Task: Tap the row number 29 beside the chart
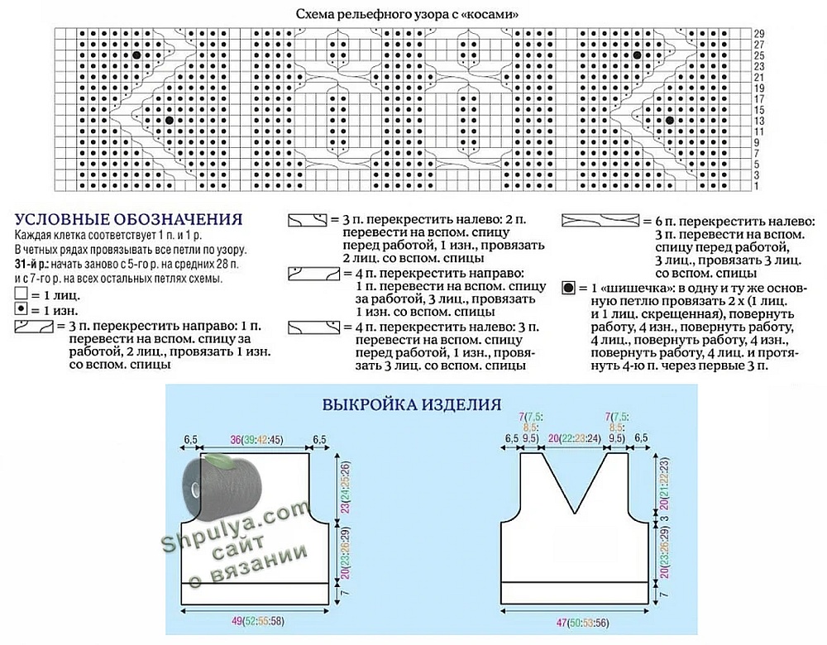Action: click(x=758, y=32)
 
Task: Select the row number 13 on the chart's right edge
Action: click(x=758, y=121)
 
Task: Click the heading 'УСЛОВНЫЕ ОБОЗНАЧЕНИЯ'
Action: click(x=128, y=220)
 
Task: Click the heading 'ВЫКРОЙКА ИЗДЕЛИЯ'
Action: click(x=411, y=405)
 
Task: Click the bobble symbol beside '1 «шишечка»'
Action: click(x=568, y=289)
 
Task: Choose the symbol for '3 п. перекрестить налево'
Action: click(x=306, y=221)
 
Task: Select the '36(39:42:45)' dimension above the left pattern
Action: click(x=256, y=438)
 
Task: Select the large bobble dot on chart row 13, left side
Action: click(x=169, y=121)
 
